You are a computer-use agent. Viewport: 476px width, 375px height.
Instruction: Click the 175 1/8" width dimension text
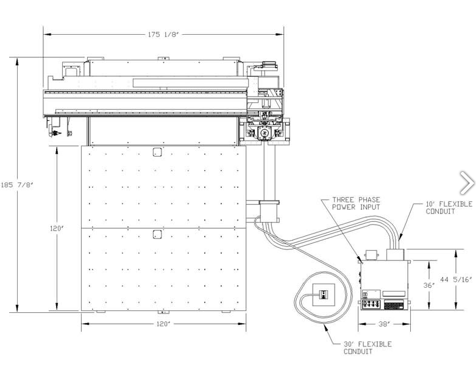[163, 34]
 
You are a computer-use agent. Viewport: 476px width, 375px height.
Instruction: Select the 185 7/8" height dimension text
[17, 185]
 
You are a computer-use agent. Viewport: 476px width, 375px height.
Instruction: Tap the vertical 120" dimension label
[57, 228]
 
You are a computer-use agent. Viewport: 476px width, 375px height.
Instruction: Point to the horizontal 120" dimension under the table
[163, 324]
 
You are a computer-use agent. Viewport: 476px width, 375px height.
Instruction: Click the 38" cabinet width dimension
[385, 324]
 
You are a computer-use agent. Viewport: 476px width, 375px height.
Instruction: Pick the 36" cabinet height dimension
[429, 285]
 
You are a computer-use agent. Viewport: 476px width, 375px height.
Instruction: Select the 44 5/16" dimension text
[456, 279]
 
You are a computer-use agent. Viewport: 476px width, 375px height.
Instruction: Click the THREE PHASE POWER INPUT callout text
[356, 204]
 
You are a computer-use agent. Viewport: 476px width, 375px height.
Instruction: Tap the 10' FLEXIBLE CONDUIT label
[449, 208]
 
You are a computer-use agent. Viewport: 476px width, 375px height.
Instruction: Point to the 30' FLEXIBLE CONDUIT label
[368, 348]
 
